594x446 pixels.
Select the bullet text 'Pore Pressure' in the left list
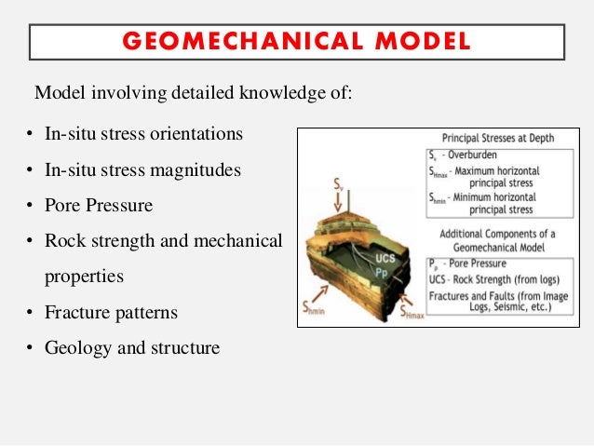tap(99, 205)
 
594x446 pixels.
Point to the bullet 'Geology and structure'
tap(132, 349)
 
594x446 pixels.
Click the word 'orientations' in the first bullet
tap(196, 133)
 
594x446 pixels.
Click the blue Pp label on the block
tap(383, 274)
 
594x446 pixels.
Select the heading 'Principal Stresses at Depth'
tap(498, 138)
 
